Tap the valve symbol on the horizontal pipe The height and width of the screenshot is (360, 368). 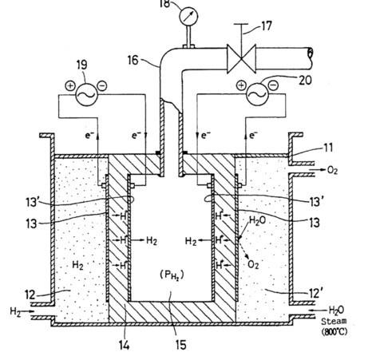point(241,58)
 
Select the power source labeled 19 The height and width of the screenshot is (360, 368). point(86,94)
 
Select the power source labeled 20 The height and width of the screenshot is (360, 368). point(257,94)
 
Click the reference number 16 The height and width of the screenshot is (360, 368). point(133,60)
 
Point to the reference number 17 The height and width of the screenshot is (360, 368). point(267,26)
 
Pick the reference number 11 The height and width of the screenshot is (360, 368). point(328,148)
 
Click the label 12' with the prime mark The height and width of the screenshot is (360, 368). point(316,294)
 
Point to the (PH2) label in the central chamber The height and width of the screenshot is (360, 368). point(172,275)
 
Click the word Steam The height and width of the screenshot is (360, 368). point(334,322)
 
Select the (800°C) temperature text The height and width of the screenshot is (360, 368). point(334,332)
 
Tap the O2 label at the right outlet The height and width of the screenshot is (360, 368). point(332,170)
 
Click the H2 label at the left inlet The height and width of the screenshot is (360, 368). point(15,311)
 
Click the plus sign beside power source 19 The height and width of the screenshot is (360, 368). point(70,85)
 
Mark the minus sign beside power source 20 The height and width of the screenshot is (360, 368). point(274,85)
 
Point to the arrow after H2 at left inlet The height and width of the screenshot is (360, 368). point(28,311)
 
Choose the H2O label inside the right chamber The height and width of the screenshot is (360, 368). point(257,221)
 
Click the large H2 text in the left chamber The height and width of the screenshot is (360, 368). point(77,265)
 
